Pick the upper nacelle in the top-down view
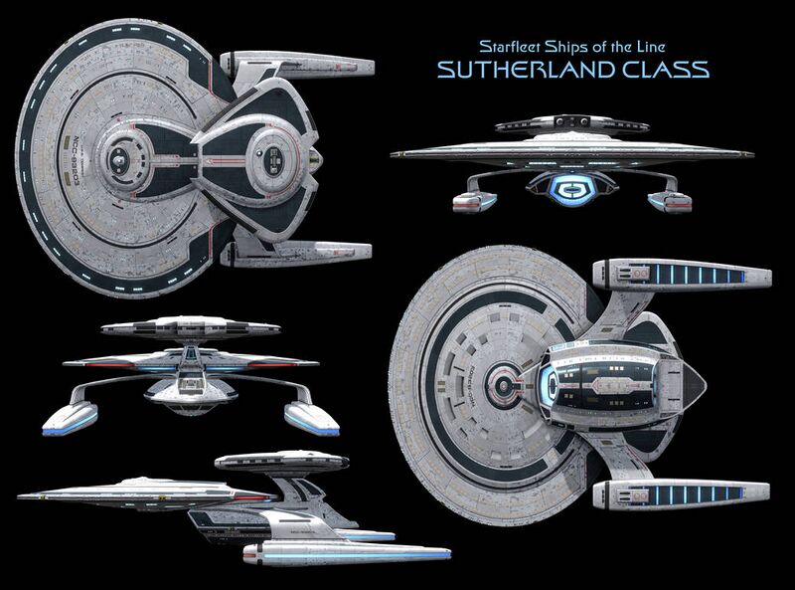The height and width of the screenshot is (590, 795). click(x=298, y=65)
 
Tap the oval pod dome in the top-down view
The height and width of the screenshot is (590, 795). click(x=270, y=157)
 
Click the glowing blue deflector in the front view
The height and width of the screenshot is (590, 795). click(x=572, y=186)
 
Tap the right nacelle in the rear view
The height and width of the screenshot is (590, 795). click(x=312, y=416)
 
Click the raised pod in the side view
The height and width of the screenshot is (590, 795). click(x=281, y=462)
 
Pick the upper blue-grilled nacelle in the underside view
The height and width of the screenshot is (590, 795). click(x=681, y=275)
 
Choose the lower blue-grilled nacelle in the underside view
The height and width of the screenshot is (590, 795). click(x=681, y=492)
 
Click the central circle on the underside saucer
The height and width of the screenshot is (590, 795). click(x=508, y=384)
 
